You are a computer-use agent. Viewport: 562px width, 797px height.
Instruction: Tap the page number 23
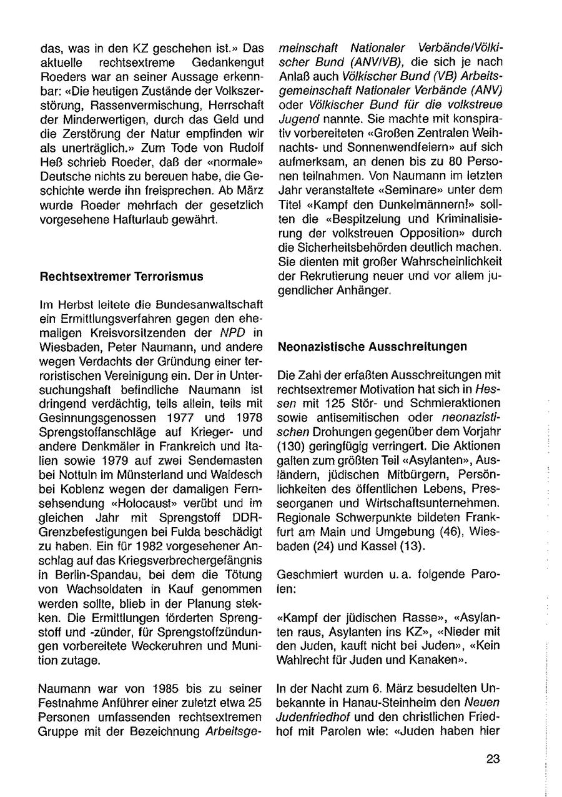(493, 760)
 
